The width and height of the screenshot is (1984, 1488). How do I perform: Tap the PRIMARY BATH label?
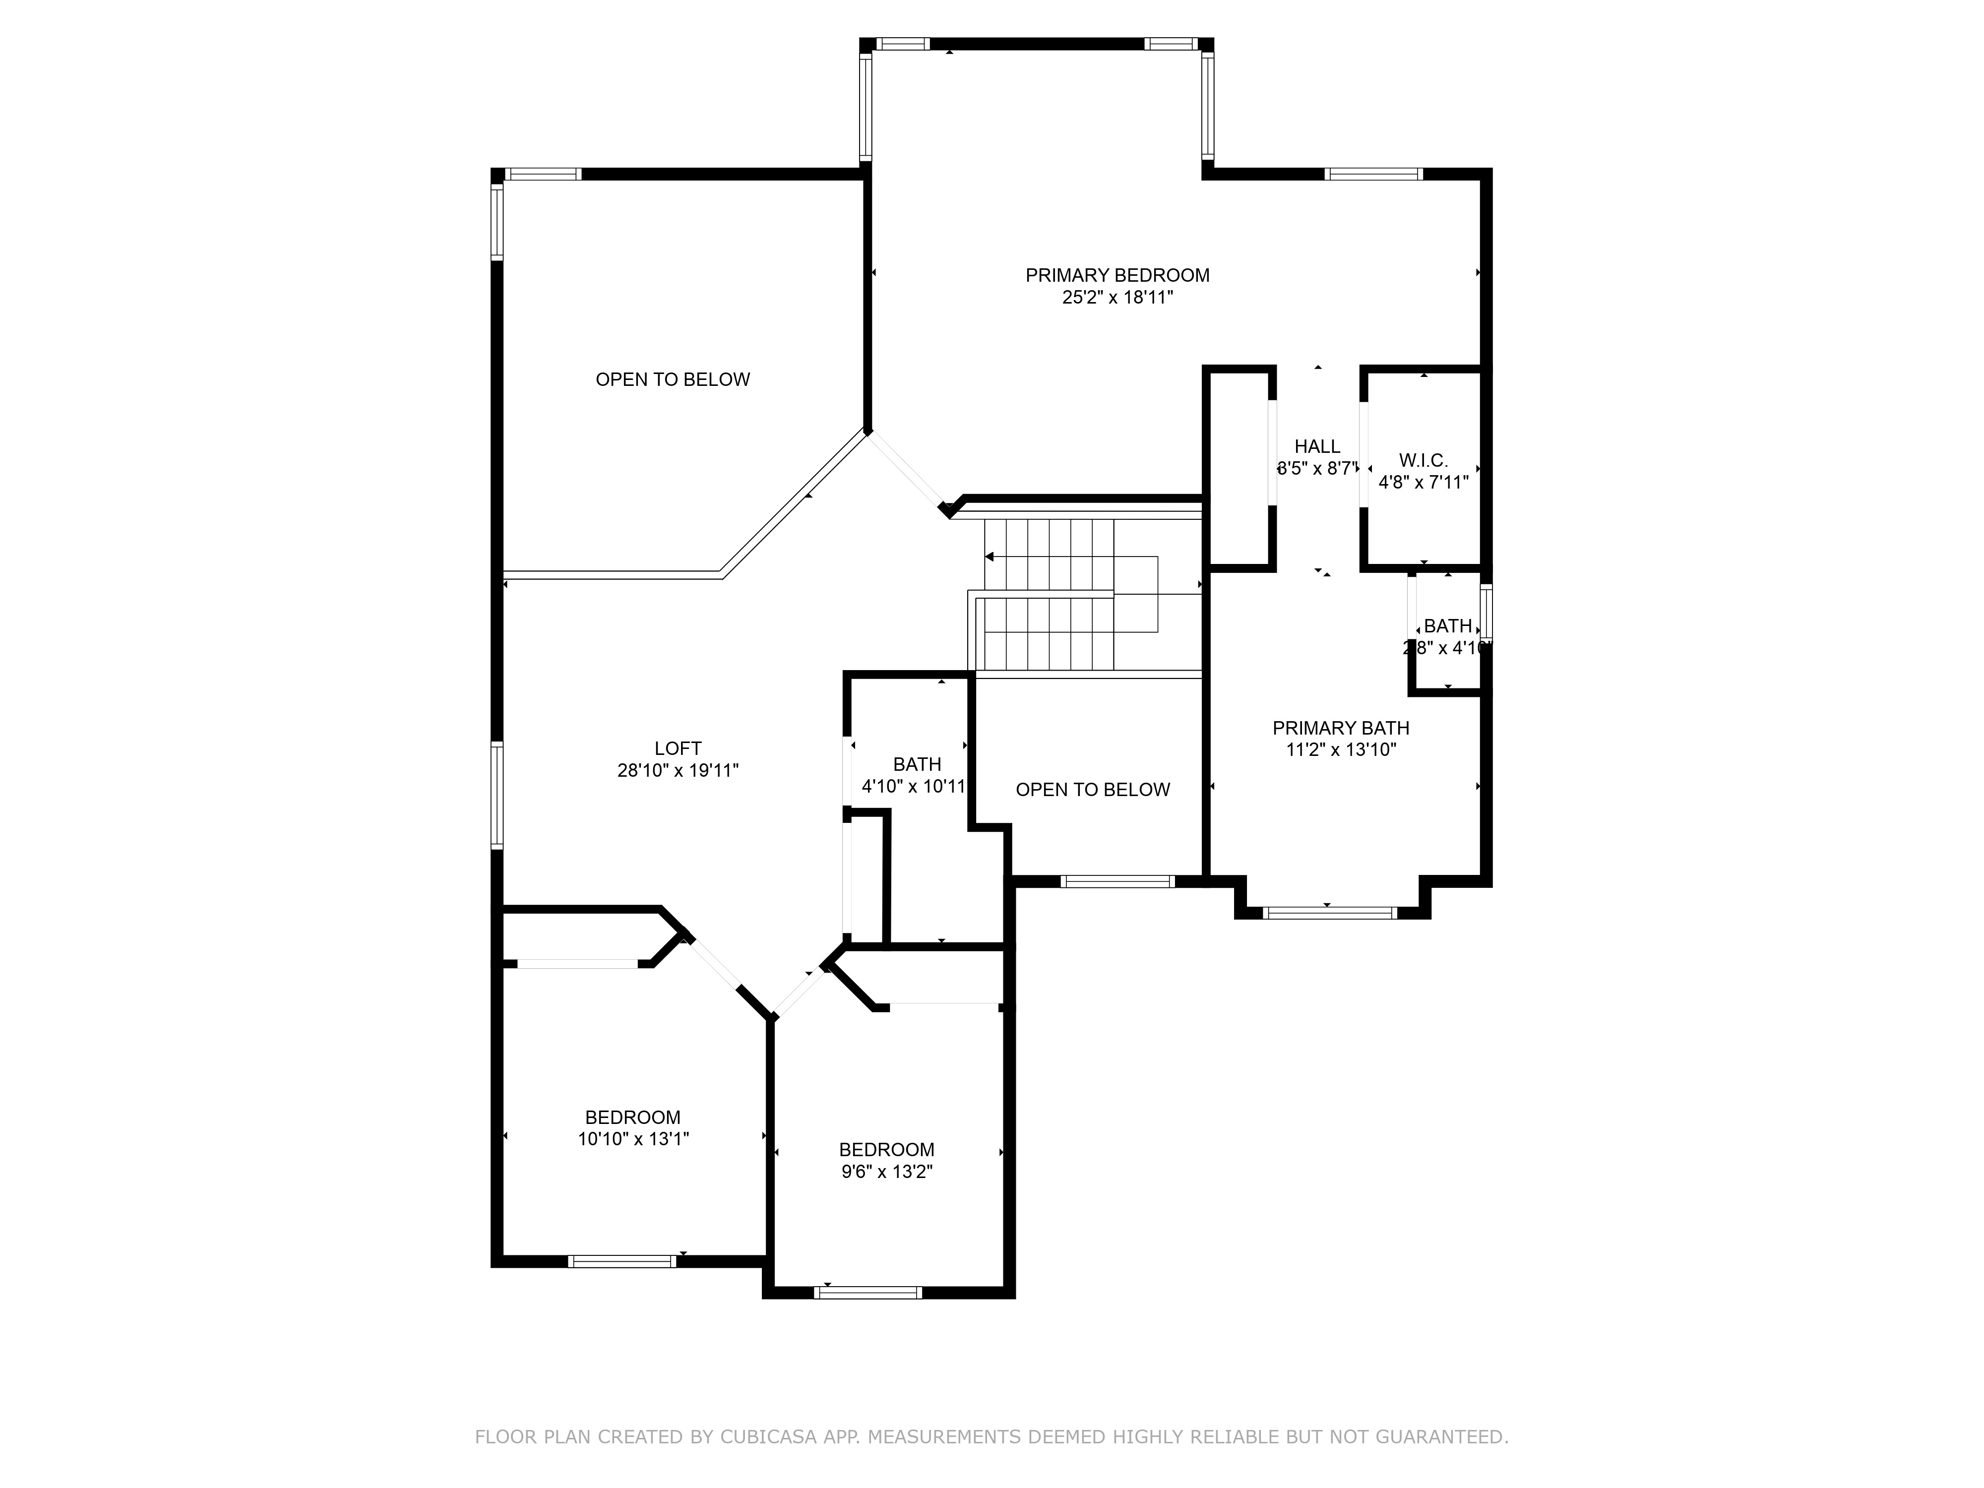tap(1340, 728)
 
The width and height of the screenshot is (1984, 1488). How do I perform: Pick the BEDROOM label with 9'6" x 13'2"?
tap(886, 1150)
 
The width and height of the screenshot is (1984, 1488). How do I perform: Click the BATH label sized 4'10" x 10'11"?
tap(917, 764)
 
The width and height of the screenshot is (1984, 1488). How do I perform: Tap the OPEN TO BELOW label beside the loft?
tap(673, 379)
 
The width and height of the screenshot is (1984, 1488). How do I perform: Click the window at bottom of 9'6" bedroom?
tap(868, 1293)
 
